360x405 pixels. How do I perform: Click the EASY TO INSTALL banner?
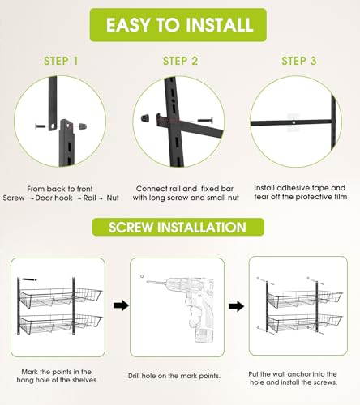(x=178, y=25)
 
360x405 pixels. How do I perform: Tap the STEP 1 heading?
(x=61, y=61)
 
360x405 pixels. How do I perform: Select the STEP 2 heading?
(x=180, y=61)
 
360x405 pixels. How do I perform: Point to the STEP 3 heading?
(x=299, y=61)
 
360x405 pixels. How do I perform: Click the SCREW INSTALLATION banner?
(x=178, y=227)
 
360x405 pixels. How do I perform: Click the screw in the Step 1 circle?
(x=41, y=126)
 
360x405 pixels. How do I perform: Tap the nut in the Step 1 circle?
(x=83, y=126)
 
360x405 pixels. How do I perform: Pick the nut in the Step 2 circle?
(x=145, y=118)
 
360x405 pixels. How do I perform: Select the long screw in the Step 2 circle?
(x=205, y=121)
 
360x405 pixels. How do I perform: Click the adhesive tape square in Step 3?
(x=294, y=123)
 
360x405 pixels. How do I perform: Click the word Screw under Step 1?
(x=14, y=198)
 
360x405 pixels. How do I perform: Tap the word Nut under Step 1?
(x=113, y=198)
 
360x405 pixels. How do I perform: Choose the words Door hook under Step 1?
(x=54, y=198)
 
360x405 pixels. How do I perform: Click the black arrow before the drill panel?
(x=121, y=305)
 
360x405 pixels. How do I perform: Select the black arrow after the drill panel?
(x=236, y=306)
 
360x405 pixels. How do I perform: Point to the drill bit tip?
(x=148, y=282)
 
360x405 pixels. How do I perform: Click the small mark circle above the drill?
(x=142, y=276)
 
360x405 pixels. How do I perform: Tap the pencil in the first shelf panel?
(x=29, y=279)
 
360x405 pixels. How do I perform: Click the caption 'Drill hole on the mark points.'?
(x=174, y=376)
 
